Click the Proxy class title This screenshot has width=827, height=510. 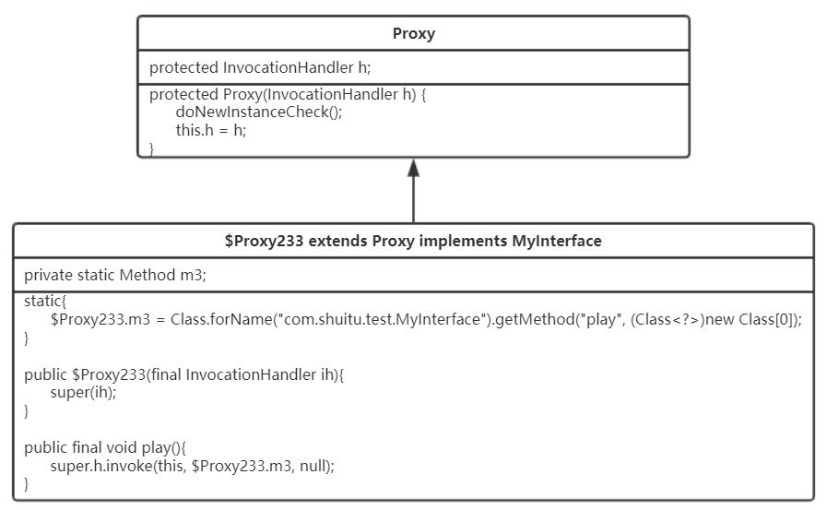[x=413, y=34]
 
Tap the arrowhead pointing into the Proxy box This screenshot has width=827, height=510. [x=413, y=168]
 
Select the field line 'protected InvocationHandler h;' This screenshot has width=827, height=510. [x=260, y=67]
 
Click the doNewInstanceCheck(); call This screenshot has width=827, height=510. [x=259, y=112]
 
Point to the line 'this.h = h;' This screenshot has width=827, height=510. [x=211, y=130]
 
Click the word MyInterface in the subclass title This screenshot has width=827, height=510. [x=557, y=241]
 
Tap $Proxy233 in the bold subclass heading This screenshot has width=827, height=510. [x=264, y=241]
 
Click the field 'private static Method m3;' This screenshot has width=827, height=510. [x=115, y=275]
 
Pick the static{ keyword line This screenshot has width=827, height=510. [x=45, y=302]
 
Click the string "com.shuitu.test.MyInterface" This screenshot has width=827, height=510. [x=380, y=320]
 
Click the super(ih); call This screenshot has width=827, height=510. [x=83, y=392]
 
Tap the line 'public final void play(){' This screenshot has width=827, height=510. [x=105, y=448]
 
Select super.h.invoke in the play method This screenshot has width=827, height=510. [x=101, y=466]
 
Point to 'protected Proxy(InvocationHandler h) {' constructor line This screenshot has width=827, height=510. [x=288, y=94]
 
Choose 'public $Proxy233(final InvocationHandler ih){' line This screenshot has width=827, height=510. [x=184, y=374]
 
